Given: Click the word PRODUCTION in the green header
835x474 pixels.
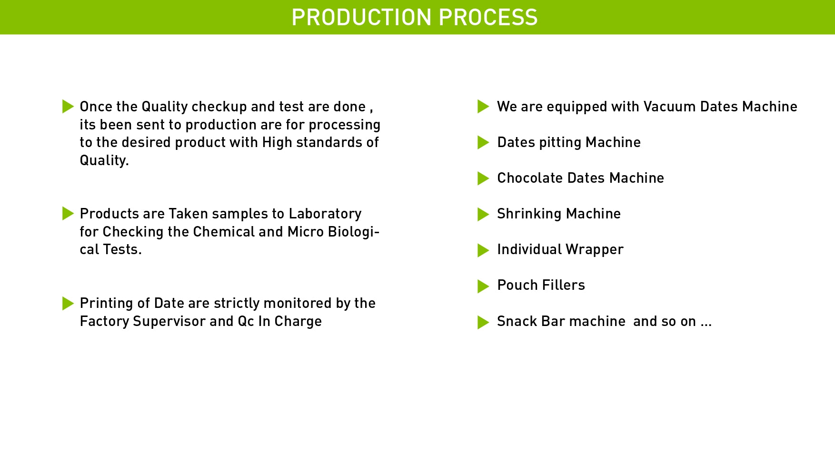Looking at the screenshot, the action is click(x=362, y=17).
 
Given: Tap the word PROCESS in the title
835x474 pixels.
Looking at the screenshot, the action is click(x=488, y=17).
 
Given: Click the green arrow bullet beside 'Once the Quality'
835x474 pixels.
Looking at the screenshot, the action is click(x=68, y=107).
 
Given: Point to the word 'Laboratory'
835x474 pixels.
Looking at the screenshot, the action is click(x=325, y=214).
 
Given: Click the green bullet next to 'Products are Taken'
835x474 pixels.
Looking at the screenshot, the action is click(x=68, y=214).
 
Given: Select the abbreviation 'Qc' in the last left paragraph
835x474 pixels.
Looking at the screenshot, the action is click(x=246, y=321).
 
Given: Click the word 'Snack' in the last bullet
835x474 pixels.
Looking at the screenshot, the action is click(x=517, y=321).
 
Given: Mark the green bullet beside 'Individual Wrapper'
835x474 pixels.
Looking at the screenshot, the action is click(x=483, y=250).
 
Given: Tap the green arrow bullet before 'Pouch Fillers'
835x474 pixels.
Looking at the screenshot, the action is click(x=483, y=286).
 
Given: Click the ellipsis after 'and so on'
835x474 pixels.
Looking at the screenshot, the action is click(x=706, y=326).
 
